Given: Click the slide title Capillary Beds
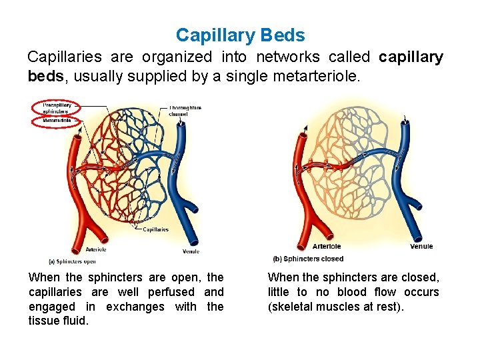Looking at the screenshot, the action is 240,35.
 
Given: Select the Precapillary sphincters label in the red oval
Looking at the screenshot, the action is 57,108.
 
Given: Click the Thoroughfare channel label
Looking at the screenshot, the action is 185,111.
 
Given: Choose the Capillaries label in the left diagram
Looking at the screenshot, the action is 156,229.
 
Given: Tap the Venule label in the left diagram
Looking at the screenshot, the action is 190,251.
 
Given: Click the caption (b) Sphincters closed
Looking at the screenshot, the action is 308,259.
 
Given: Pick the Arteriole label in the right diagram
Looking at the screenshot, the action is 327,247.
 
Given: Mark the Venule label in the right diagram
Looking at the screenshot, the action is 421,246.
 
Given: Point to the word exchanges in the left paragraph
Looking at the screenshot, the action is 136,307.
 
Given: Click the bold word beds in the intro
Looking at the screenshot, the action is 45,76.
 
